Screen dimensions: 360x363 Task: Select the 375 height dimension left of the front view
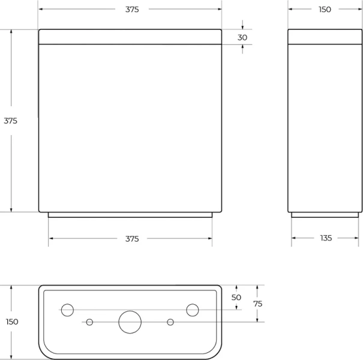(x=11, y=121)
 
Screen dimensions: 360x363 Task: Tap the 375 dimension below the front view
(x=132, y=239)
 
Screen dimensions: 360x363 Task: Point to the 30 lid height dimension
(x=242, y=37)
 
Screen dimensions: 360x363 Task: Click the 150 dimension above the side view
(x=325, y=10)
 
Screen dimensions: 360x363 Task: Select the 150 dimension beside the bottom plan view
(x=11, y=322)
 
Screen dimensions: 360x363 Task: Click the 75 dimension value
(x=257, y=304)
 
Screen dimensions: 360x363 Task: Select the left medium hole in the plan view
(x=68, y=310)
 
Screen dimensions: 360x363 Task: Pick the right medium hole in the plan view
(x=192, y=310)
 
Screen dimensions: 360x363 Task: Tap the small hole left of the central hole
(x=90, y=322)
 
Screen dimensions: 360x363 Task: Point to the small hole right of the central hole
(x=170, y=322)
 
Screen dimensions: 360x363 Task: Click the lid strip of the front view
(x=130, y=37)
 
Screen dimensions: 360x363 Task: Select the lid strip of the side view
(x=325, y=37)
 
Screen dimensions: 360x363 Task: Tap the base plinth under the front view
(x=130, y=214)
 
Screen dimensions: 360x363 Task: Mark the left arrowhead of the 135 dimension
(x=294, y=238)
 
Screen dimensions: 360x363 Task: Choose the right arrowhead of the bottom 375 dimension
(x=209, y=239)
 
